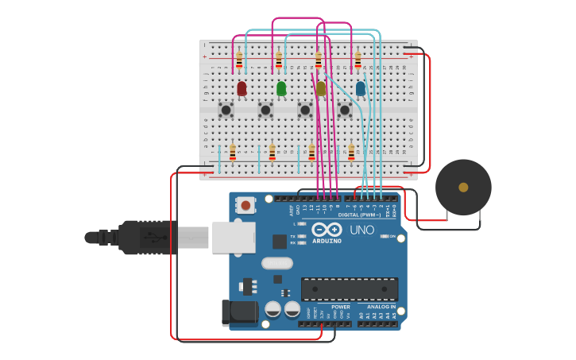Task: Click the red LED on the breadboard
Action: pos(242,88)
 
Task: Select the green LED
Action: pos(281,88)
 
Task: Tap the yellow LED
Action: pos(321,89)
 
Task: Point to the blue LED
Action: pos(361,88)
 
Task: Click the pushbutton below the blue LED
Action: pos(345,110)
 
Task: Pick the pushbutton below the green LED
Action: pos(265,110)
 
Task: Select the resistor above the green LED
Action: pos(279,60)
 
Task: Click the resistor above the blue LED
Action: pos(358,60)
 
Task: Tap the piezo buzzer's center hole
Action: pos(463,188)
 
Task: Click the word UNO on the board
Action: pos(361,230)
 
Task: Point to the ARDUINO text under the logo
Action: pos(327,241)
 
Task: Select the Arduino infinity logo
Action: pos(327,230)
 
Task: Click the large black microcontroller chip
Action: pos(350,288)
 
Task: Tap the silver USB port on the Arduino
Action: pos(234,237)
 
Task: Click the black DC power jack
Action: pos(239,312)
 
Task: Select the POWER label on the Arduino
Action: pos(341,306)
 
